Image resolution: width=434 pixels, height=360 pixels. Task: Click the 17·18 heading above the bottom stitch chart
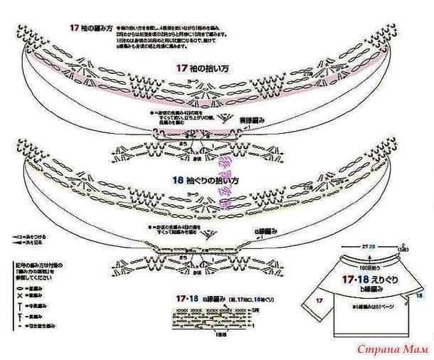coord(189,297)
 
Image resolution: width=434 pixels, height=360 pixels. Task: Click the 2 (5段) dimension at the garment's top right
coord(403,249)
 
